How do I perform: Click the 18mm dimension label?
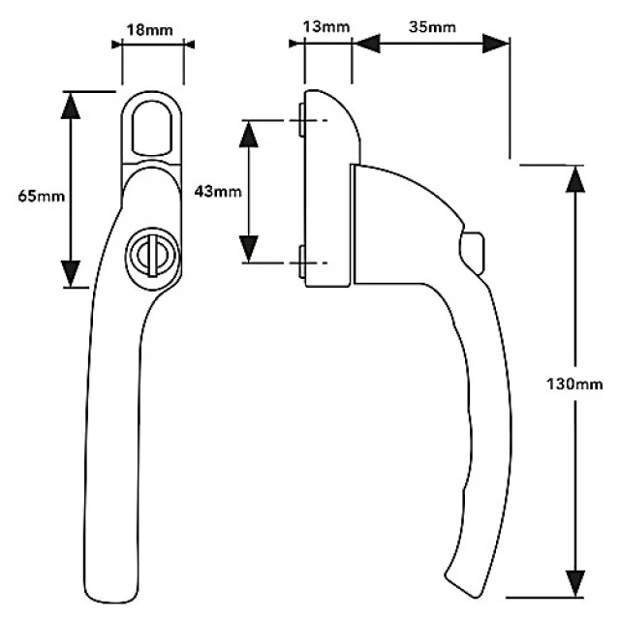[149, 30]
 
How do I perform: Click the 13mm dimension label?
[326, 27]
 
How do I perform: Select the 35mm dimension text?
[432, 27]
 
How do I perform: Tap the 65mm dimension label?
[42, 196]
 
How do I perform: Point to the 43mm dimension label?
[218, 192]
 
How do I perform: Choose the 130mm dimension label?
[574, 384]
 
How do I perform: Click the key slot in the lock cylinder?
[152, 256]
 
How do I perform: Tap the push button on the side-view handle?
[472, 253]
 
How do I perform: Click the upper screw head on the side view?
[301, 120]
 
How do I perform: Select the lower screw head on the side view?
[301, 262]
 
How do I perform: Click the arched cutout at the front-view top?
[152, 128]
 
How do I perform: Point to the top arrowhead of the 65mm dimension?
[71, 106]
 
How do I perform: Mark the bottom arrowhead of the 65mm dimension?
[71, 273]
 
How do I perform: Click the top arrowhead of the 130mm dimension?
[574, 179]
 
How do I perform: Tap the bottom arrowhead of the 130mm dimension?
[574, 583]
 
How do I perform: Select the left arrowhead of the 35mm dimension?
[366, 43]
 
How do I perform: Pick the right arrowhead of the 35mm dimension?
[496, 43]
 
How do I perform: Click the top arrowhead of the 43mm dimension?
[249, 134]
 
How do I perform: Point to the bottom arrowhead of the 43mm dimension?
[249, 249]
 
